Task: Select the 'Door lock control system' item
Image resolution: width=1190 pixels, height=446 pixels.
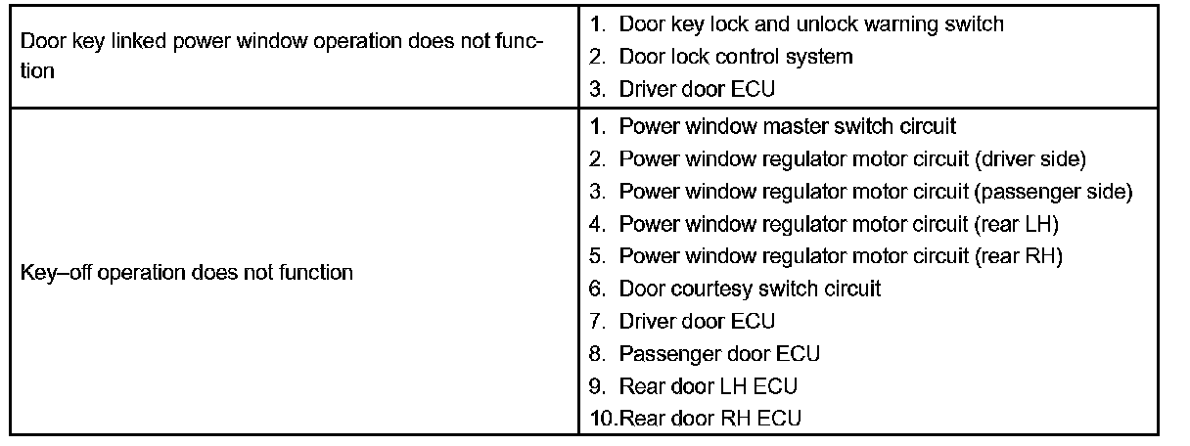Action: coord(735,57)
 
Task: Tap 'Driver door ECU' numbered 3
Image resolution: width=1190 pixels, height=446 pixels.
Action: coord(696,89)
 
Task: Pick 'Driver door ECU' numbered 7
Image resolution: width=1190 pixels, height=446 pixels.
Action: coord(696,321)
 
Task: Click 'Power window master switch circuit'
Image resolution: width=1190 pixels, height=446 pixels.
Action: coord(787,126)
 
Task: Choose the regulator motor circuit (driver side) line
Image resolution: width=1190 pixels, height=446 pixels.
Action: coord(852,158)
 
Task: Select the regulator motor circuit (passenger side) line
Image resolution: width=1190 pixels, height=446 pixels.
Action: coord(875,191)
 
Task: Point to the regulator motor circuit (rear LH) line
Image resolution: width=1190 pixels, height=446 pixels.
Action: coord(839,224)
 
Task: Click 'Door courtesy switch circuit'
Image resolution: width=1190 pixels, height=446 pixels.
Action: coord(750,289)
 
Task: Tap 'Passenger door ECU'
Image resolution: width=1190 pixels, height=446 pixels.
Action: coord(719,353)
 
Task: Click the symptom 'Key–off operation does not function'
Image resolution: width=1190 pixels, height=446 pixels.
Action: coord(187,273)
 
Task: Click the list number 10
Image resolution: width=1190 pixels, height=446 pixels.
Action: coord(601,419)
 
